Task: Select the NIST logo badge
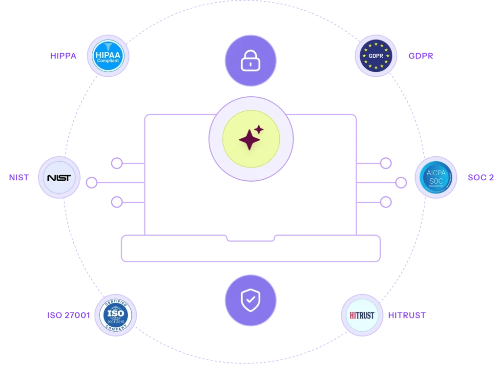[59, 178]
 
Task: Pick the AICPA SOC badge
[436, 178]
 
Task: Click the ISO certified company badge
[116, 315]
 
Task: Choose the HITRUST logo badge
[362, 315]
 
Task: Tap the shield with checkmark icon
[250, 300]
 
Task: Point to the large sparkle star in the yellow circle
[250, 140]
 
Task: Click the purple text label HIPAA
[63, 56]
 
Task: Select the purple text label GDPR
[421, 56]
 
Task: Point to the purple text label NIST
[18, 178]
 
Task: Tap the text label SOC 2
[480, 178]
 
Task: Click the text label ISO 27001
[68, 316]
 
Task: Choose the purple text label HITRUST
[407, 315]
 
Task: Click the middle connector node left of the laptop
[91, 183]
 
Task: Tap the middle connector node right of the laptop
[401, 183]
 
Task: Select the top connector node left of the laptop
[116, 163]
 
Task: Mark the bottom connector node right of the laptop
[386, 202]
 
